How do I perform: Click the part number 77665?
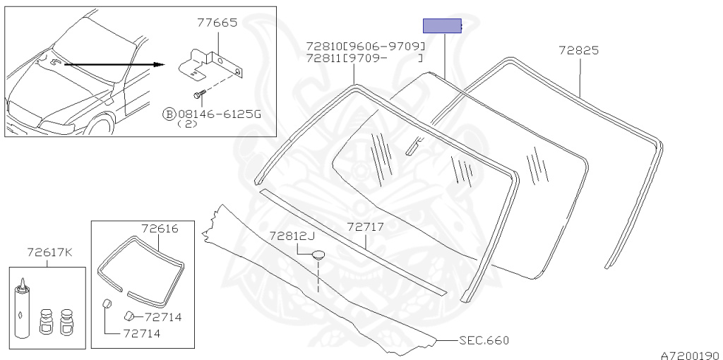pyautogui.click(x=217, y=23)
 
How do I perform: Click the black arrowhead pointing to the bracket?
pyautogui.click(x=159, y=64)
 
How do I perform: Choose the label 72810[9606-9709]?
pyautogui.click(x=365, y=46)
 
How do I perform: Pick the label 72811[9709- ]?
pyautogui.click(x=364, y=58)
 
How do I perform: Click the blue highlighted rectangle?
pyautogui.click(x=442, y=26)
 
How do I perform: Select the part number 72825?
pyautogui.click(x=579, y=50)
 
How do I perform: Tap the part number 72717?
pyautogui.click(x=366, y=227)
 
